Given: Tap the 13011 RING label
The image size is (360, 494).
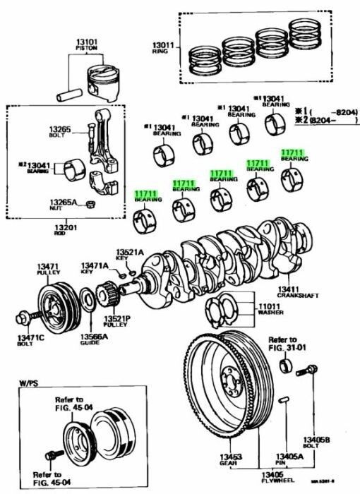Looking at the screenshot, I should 161,48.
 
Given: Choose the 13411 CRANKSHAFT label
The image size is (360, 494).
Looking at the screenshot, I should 291,291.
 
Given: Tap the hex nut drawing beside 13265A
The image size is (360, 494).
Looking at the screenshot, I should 90,205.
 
